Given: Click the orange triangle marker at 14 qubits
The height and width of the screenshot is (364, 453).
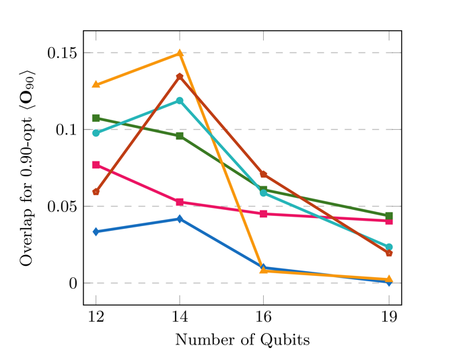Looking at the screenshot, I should pos(180,53).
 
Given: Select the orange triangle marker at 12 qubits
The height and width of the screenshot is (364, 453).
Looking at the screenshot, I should pos(96,84).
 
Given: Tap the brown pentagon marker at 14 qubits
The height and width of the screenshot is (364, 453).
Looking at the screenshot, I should pos(180,77).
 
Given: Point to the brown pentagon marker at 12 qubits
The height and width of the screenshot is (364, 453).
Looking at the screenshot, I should pos(96,192).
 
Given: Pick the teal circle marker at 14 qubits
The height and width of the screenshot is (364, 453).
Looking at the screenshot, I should pos(180,101).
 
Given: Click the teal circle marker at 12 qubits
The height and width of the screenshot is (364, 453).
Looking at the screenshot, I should pos(96,133).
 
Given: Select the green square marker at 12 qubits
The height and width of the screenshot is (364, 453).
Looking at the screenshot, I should pos(96,118).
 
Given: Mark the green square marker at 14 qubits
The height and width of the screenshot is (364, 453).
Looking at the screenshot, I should pos(180,136).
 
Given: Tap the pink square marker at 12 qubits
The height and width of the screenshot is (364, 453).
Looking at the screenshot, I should pos(96,165).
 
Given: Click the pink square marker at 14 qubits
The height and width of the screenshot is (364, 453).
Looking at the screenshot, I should pos(180,202).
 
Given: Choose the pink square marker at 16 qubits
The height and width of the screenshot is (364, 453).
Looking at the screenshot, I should pos(263,214).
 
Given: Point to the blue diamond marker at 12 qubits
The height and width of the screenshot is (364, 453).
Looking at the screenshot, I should pos(96,231).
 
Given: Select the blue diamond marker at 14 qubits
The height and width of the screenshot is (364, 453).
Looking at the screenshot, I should pos(180,219).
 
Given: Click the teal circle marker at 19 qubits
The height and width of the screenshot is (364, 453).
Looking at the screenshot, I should pos(389,247).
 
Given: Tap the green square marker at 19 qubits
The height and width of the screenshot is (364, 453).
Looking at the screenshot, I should pos(389,216).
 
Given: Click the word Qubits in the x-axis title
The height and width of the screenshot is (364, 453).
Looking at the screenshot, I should pos(287,340).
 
